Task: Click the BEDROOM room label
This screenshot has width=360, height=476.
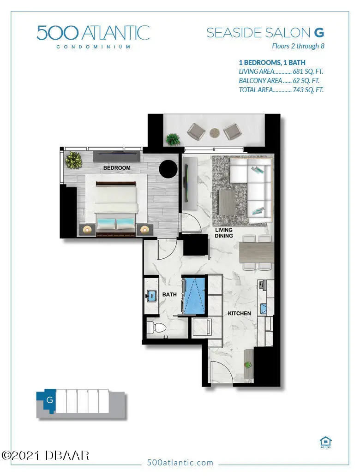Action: click(x=117, y=168)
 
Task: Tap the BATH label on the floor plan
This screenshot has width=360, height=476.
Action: click(x=169, y=294)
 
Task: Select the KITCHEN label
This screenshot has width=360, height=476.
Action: click(x=239, y=314)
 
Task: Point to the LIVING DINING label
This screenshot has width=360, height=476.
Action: click(x=223, y=233)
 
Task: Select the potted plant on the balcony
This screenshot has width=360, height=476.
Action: click(x=173, y=138)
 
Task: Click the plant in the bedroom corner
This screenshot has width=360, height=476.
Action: click(x=73, y=161)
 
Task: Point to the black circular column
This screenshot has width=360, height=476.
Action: click(x=168, y=169)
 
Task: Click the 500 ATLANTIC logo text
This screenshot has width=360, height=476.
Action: click(x=93, y=33)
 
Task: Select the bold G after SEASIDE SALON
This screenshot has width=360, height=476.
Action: click(x=318, y=33)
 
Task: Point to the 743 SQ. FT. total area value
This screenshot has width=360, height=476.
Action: click(x=308, y=90)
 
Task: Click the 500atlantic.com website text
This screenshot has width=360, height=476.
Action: click(x=180, y=463)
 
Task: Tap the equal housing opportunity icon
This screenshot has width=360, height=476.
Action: click(x=326, y=441)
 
